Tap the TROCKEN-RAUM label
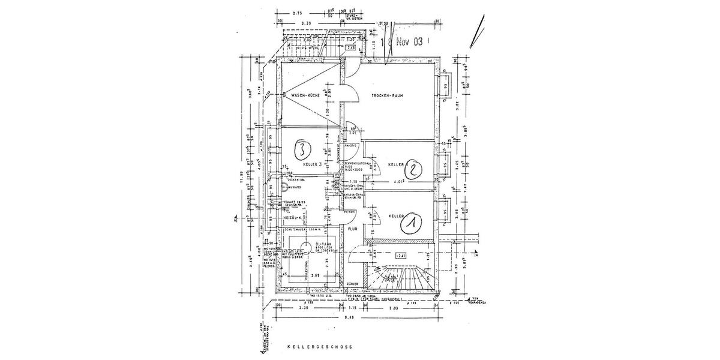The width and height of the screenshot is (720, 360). point(389,96)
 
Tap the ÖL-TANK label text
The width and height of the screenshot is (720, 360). point(324,243)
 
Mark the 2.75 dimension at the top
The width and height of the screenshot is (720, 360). point(296,13)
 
